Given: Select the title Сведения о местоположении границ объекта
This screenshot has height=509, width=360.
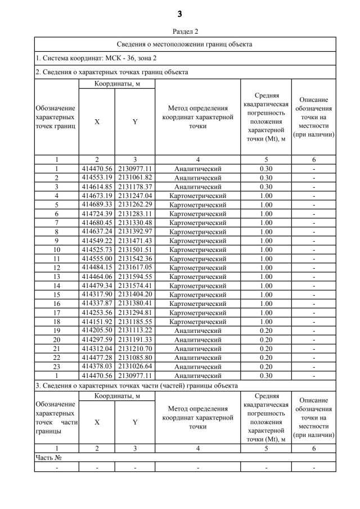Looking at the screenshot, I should point(184,44).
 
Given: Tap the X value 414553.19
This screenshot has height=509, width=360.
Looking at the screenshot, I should point(97,178).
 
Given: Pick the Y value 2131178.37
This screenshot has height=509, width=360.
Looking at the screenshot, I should point(135,187).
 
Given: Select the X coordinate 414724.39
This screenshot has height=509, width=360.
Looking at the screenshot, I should point(97,214).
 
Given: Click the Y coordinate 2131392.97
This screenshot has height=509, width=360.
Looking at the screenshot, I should point(135,232).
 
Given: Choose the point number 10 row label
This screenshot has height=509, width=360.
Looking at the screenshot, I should point(57,250).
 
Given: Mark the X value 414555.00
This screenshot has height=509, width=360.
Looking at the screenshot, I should point(97,259).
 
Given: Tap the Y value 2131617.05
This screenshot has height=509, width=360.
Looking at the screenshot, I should point(135,268).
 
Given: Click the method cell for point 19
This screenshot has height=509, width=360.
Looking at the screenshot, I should point(197,331).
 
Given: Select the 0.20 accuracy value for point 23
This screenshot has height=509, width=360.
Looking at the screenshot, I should point(265,367).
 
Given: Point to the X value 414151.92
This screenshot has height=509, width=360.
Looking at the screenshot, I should point(97,322).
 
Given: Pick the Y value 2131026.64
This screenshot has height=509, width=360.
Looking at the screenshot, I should point(135,367).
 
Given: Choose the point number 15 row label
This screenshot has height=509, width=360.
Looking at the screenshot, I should point(57,295).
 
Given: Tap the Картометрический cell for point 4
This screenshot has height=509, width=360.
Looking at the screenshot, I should point(197,196).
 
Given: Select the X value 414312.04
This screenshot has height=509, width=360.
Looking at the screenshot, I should point(97,349).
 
